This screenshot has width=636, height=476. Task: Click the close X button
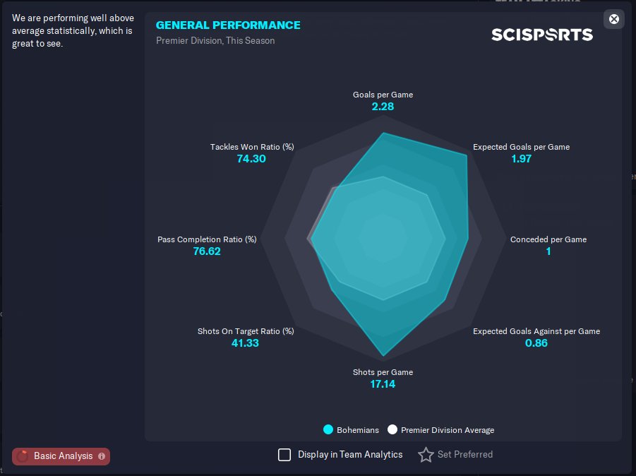(613, 18)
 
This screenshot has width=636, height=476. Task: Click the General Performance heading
(228, 25)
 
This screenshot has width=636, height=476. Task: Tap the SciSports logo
(542, 35)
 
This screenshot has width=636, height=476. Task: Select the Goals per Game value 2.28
(383, 107)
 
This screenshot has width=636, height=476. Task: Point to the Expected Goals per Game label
(521, 147)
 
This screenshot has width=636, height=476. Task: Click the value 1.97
(521, 159)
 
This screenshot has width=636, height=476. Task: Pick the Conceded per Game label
(548, 239)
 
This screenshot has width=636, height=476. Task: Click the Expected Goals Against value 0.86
(536, 343)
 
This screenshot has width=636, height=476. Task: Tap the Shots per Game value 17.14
(383, 384)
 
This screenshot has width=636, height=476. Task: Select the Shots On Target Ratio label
(246, 331)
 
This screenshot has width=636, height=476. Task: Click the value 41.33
(245, 343)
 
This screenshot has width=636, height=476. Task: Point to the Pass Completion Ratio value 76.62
(207, 251)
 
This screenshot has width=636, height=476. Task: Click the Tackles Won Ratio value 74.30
(251, 159)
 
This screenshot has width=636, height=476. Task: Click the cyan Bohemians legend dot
(328, 429)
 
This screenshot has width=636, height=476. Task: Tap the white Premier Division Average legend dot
(392, 429)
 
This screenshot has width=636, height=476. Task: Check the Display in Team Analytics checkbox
(284, 455)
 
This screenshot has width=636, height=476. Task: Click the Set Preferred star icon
(426, 455)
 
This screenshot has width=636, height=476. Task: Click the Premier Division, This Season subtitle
(215, 40)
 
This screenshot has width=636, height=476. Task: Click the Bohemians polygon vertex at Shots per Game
(383, 356)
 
